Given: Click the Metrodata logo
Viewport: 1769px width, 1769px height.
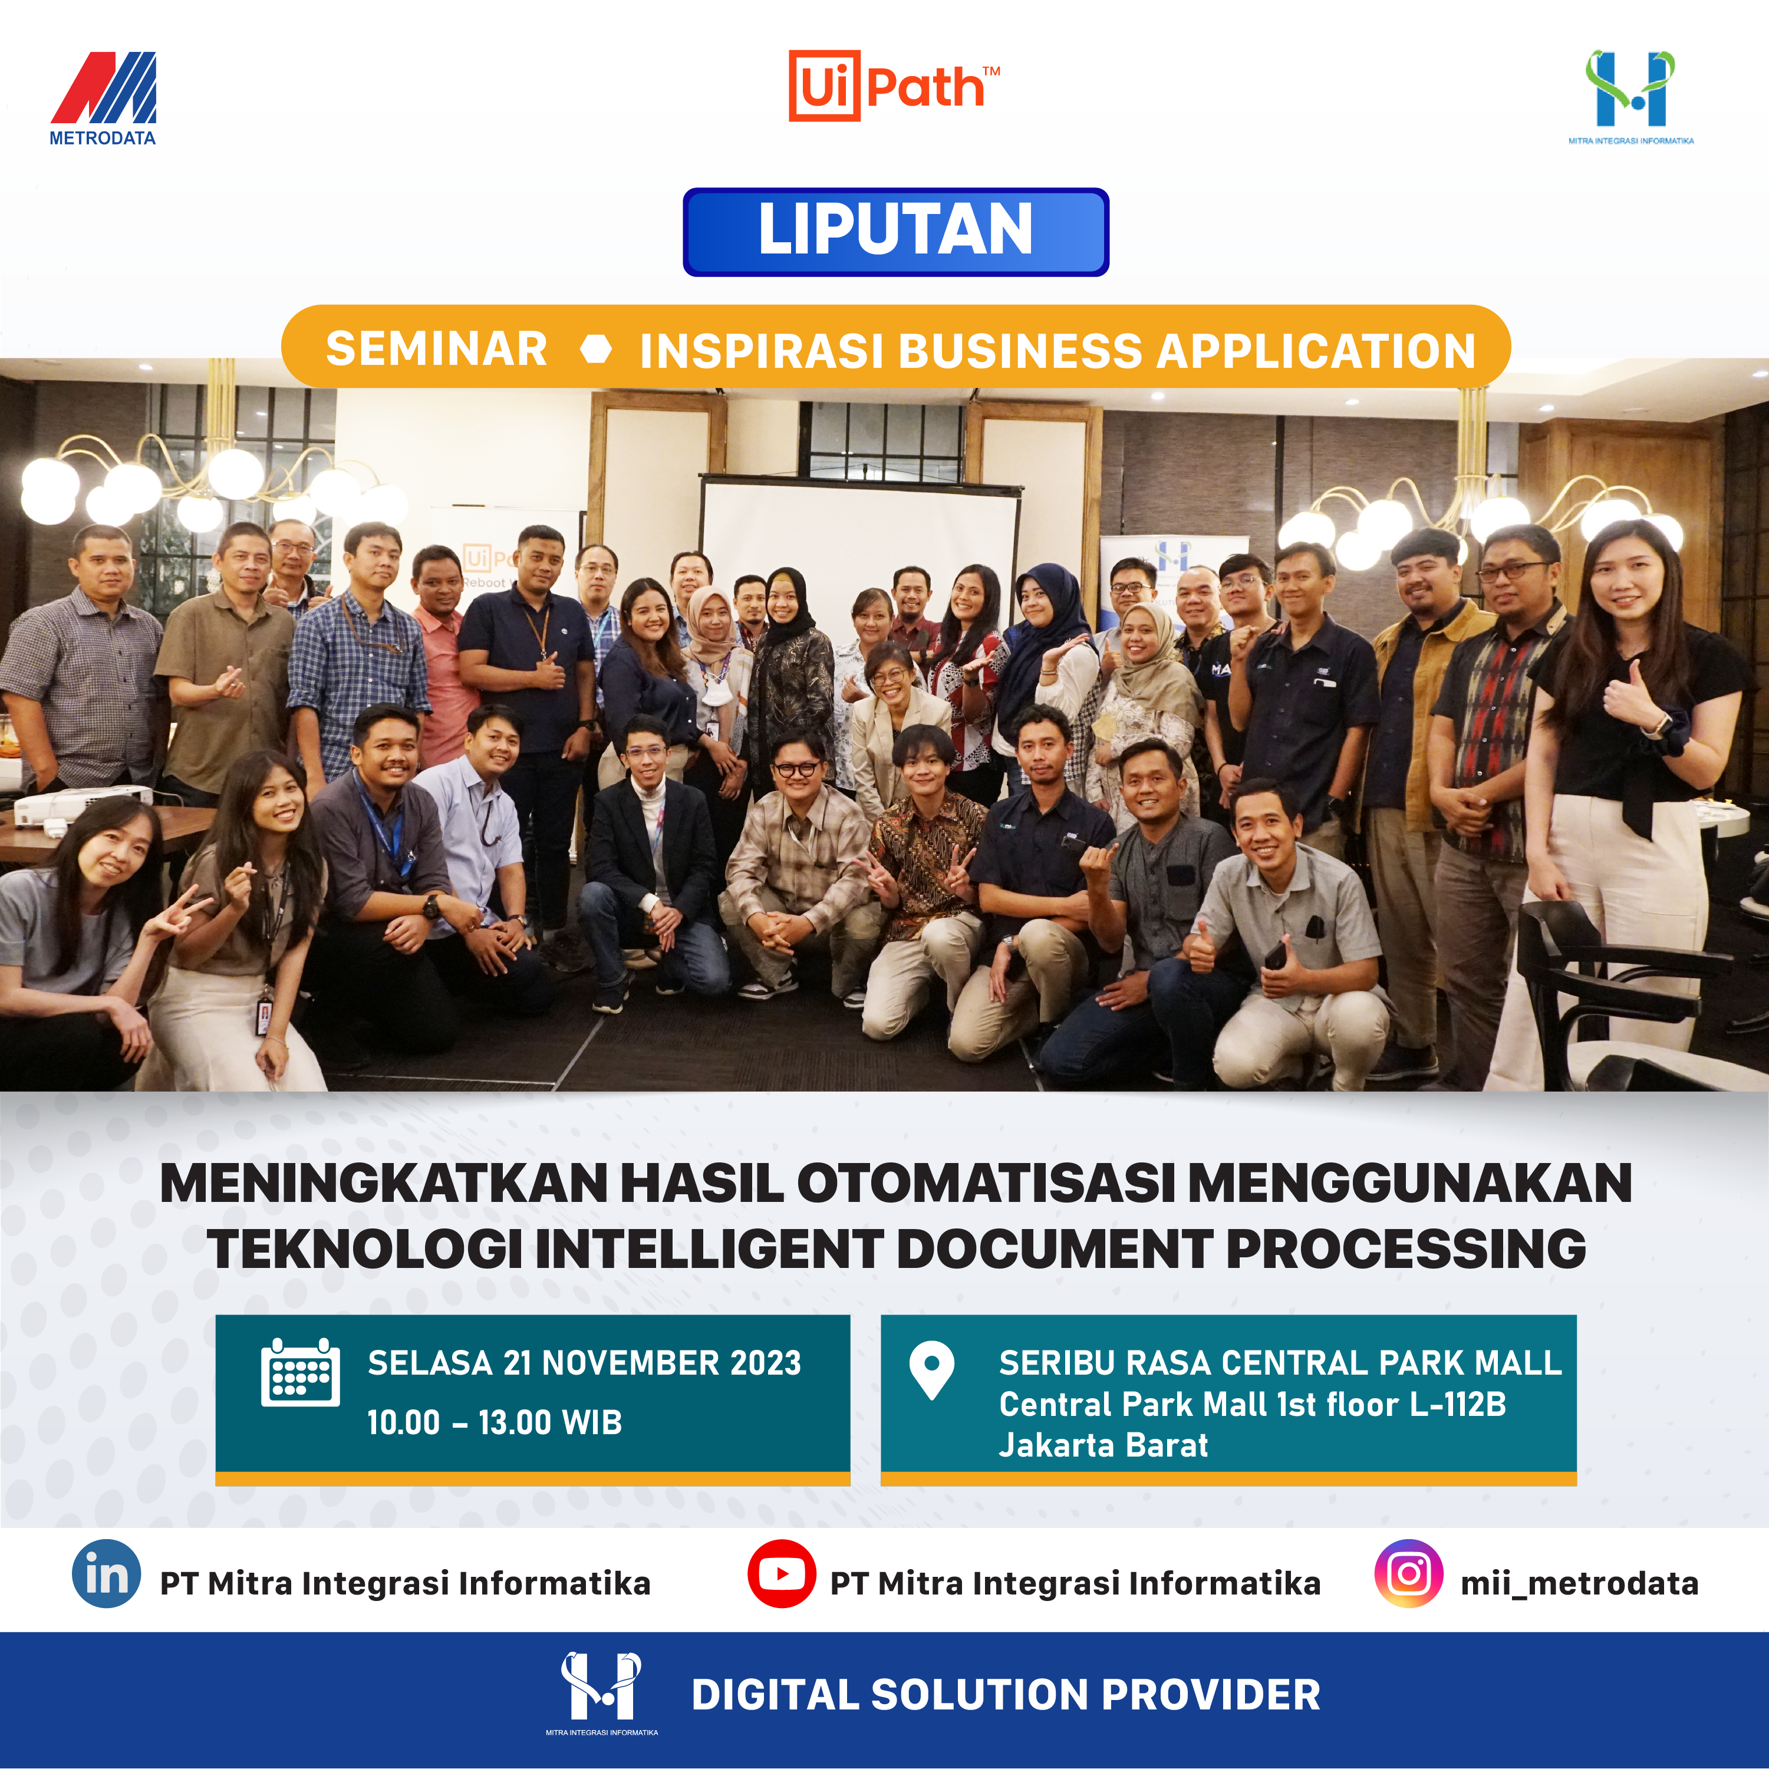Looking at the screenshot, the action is [103, 98].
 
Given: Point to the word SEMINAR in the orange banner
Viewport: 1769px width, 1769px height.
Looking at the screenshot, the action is [437, 349].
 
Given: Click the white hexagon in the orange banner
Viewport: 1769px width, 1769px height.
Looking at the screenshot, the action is [596, 349].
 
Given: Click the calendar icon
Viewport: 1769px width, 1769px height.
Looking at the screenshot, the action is [300, 1372].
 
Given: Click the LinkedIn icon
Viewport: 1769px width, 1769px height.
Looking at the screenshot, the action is [106, 1574].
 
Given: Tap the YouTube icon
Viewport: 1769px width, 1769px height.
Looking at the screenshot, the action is [781, 1574].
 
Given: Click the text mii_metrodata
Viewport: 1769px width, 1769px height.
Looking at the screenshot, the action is [1579, 1584].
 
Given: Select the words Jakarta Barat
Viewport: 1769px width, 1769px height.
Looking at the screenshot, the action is [1103, 1445].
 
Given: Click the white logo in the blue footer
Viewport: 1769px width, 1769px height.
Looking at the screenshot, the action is [602, 1693].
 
